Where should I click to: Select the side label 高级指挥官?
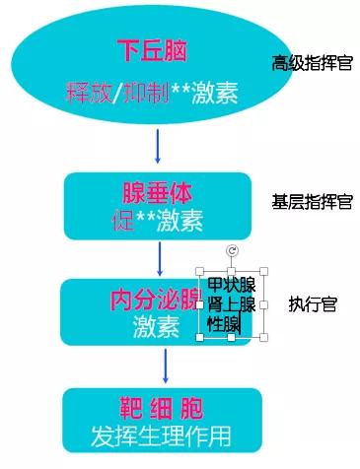[x=313, y=63]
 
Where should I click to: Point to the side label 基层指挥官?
[x=312, y=202]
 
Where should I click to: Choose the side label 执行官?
[x=314, y=304]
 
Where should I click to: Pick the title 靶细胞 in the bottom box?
[x=162, y=407]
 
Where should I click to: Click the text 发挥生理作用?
[x=161, y=434]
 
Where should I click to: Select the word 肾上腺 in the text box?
[x=232, y=305]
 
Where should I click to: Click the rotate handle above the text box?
[x=232, y=251]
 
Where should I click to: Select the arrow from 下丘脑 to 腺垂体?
[x=157, y=146]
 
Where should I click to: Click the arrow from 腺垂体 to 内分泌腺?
[x=159, y=257]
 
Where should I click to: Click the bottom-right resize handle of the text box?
[x=263, y=338]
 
